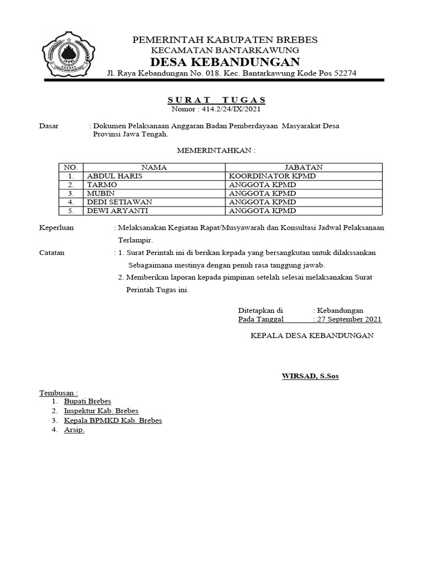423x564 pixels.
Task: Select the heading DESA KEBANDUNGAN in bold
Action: coord(225,61)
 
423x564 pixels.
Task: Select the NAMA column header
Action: coord(154,167)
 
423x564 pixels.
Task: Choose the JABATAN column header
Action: coord(303,167)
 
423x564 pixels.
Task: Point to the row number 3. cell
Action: coord(70,193)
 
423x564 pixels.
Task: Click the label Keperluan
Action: coord(56,227)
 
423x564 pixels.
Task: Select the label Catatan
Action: coord(52,253)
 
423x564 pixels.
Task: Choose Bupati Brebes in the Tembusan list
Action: coord(88,402)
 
